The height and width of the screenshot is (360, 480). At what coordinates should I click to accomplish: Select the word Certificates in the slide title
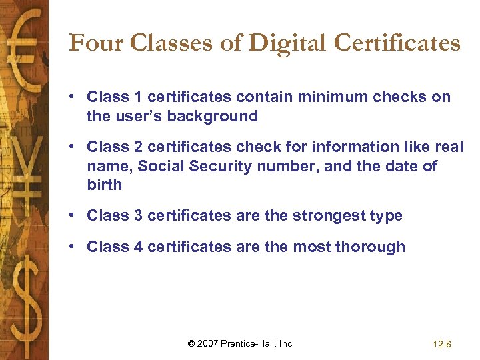(x=397, y=43)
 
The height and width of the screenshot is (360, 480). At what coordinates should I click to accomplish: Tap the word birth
(x=105, y=185)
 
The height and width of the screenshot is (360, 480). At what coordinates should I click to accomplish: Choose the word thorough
(x=370, y=247)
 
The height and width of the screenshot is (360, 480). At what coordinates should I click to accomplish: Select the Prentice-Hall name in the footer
(x=251, y=344)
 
